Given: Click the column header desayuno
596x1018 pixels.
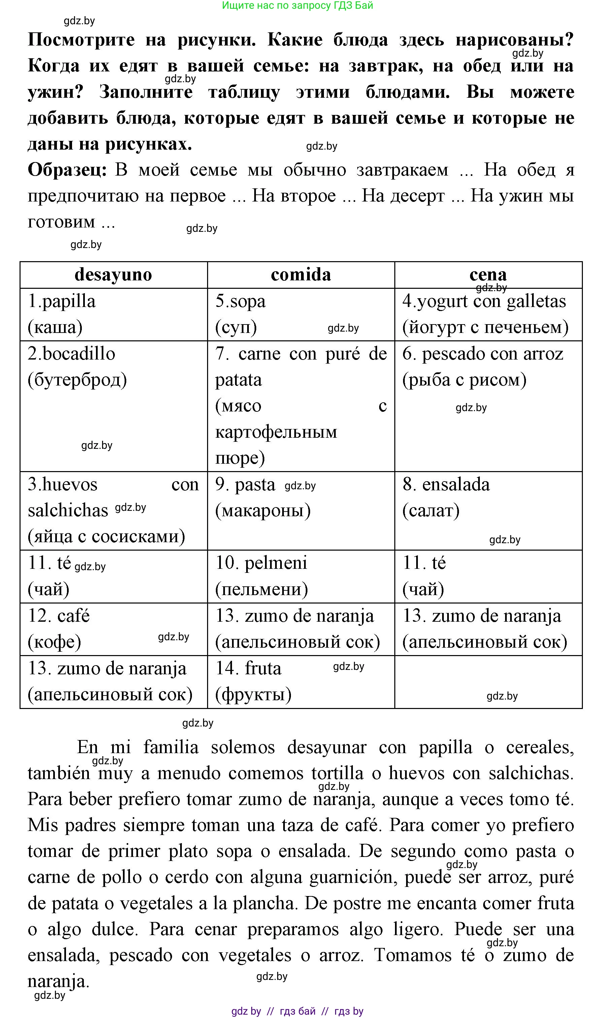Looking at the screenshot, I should (x=113, y=275).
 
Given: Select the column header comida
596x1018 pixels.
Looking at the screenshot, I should (x=301, y=275).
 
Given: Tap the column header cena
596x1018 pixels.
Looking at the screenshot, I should (x=488, y=275).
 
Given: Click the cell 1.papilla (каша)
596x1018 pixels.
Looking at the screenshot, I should (x=113, y=314).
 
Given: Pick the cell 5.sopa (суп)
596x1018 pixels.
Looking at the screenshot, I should (x=301, y=314).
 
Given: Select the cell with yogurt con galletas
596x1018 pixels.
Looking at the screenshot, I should (x=488, y=314).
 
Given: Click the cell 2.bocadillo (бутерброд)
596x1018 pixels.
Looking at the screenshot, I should (x=113, y=406).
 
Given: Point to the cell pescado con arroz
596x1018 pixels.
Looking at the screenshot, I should (x=488, y=406).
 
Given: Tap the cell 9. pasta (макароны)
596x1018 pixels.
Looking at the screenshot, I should (x=301, y=510).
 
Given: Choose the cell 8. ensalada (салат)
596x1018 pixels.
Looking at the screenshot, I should (x=488, y=510).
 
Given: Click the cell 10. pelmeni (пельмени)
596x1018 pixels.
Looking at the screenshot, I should (x=301, y=576).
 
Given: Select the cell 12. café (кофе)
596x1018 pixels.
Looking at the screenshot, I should (x=113, y=628).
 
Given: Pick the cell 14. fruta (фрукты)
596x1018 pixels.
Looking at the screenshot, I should (x=301, y=681).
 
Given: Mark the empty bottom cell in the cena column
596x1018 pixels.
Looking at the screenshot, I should (x=488, y=681).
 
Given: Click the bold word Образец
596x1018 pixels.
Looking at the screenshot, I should (x=67, y=170).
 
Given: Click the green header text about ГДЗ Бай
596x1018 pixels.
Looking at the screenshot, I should (x=298, y=6).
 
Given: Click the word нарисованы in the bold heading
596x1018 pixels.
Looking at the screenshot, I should (x=514, y=39).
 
